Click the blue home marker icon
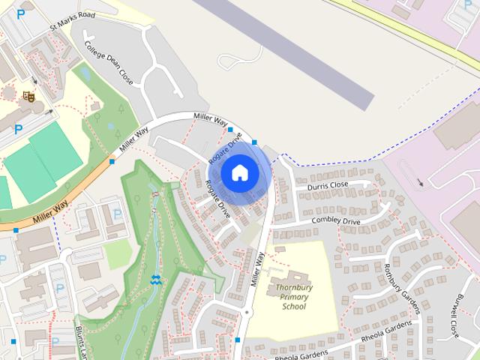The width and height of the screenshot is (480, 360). (238, 173)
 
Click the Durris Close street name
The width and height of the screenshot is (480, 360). (328, 184)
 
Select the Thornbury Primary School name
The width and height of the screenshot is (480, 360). (293, 296)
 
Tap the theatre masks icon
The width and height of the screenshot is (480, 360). (28, 95)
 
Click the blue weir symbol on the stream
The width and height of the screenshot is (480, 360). (155, 280)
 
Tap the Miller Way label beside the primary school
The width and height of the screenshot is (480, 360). (257, 269)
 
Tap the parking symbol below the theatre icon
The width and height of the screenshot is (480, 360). (18, 128)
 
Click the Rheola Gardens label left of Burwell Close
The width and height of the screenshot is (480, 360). (386, 330)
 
